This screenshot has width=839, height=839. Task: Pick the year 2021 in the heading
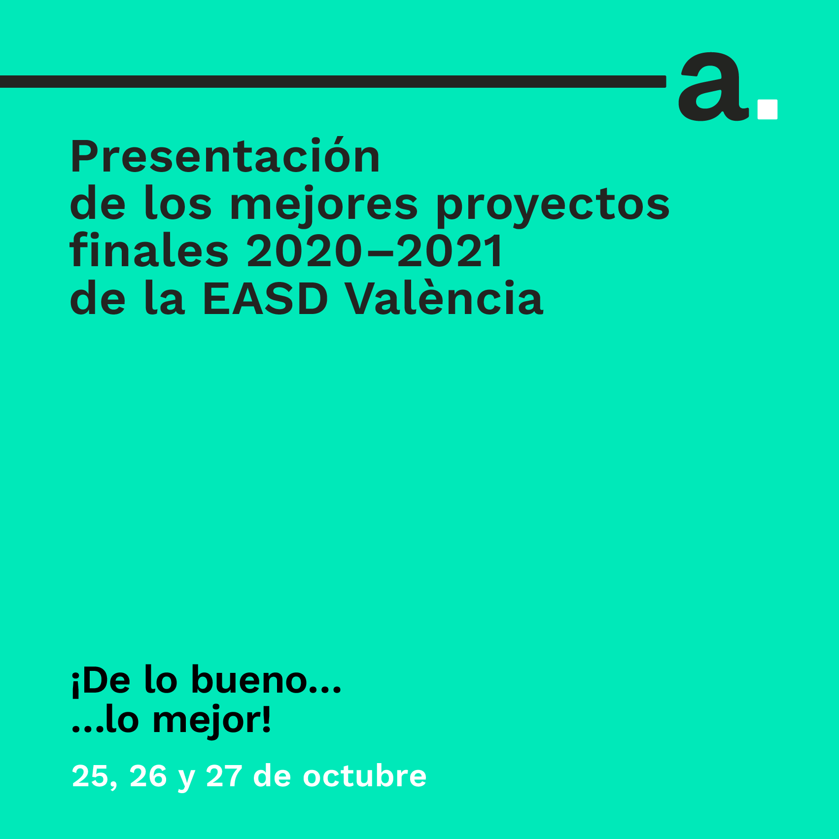450,251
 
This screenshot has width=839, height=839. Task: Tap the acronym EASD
265,298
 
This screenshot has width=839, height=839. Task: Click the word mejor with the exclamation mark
212,720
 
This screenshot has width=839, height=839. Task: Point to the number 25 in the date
90,776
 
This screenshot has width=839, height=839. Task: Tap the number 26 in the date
148,776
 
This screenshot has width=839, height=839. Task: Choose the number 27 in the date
224,776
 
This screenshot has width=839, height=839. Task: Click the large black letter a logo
713,86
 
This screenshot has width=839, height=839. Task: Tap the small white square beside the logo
768,109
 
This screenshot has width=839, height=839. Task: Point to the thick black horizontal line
333,81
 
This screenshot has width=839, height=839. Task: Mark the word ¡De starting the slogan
101,680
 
